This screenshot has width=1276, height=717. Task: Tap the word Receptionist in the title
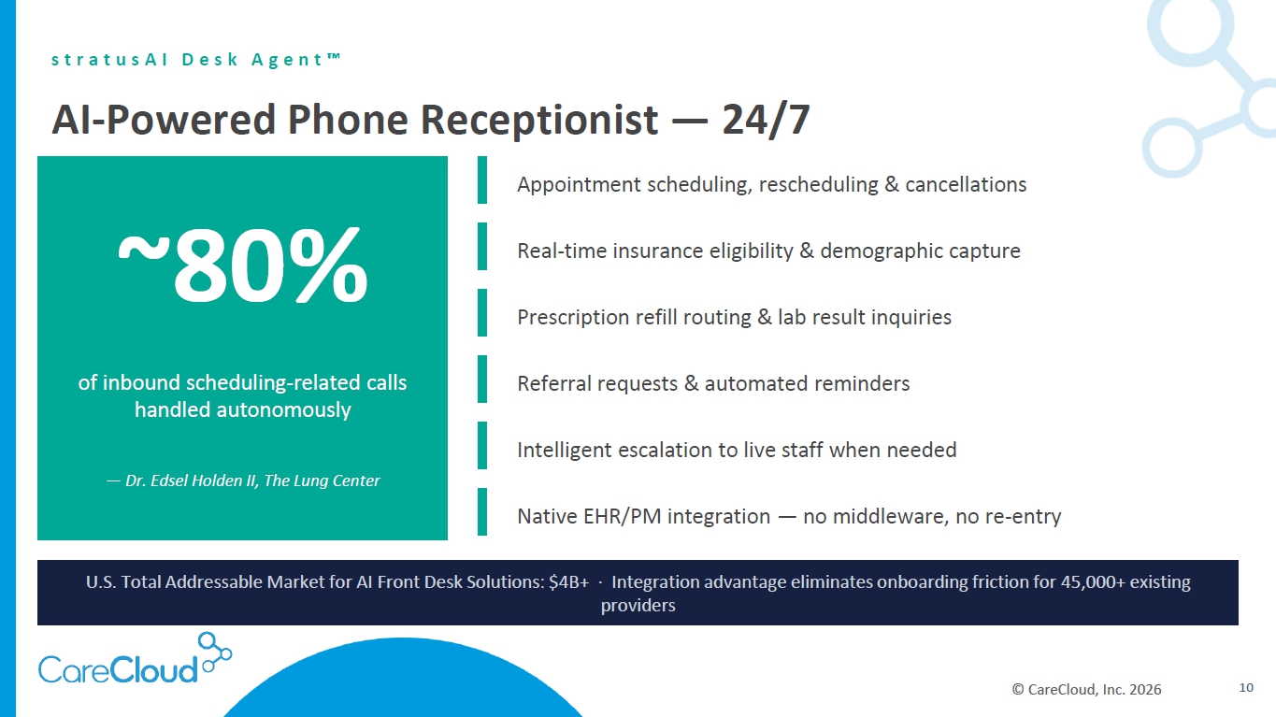point(538,121)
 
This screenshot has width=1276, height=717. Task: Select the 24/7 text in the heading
point(766,120)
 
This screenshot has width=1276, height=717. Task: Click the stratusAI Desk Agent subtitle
point(196,59)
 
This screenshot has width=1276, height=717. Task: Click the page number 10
point(1246,687)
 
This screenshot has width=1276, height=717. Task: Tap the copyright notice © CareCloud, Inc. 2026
point(1086,689)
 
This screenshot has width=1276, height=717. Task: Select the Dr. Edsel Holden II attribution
point(243,480)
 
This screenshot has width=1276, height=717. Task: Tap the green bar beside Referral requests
point(482,380)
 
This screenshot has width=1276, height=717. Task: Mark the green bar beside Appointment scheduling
point(482,180)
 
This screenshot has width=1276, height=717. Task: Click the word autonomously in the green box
point(283,410)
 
